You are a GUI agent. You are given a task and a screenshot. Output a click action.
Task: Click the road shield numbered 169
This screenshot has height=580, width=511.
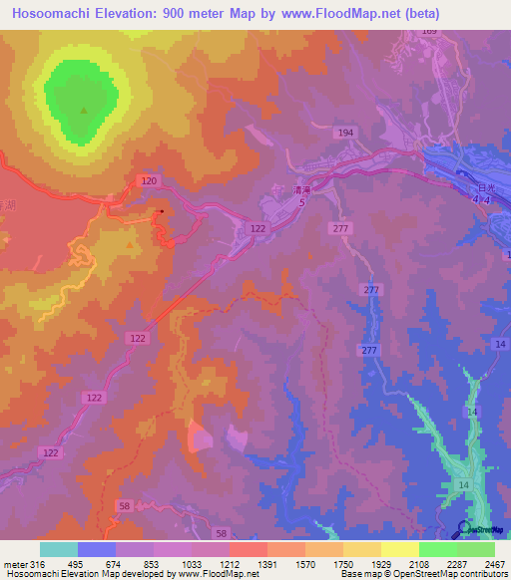(429, 31)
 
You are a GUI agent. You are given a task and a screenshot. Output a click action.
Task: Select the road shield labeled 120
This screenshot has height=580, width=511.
(150, 181)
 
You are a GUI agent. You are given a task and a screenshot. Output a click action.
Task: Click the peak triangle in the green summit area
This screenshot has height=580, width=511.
(83, 111)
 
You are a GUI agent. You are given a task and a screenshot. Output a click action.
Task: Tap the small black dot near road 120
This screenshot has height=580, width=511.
(162, 211)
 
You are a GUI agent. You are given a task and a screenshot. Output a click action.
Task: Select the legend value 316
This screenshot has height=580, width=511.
(37, 565)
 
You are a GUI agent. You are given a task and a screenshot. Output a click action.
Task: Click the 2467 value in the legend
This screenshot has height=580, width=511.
(495, 565)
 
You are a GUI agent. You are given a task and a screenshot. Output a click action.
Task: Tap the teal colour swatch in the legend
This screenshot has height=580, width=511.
(58, 549)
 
